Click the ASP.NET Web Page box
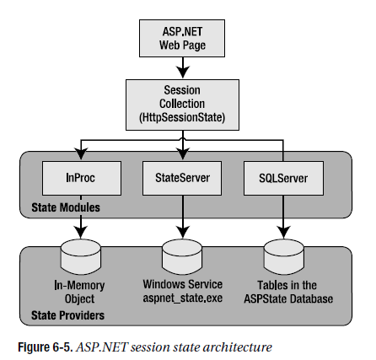pos(182,38)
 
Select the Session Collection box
pos(182,105)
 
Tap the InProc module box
pos(82,178)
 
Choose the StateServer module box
pos(182,178)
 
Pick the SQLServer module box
pos(283,178)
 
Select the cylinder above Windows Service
pos(182,257)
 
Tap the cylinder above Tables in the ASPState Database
pos(284,257)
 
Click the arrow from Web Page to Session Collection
pos(183,67)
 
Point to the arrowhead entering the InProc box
pos(81,154)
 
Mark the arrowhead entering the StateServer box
pos(183,154)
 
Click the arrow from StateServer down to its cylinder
pos(183,217)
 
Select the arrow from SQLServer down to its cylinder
pos(283,217)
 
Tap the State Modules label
pos(66,207)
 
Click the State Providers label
pos(67,315)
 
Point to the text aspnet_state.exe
pos(183,298)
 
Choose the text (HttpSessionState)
pos(182,117)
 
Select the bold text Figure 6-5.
pos(46,347)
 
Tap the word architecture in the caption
pos(238,347)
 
